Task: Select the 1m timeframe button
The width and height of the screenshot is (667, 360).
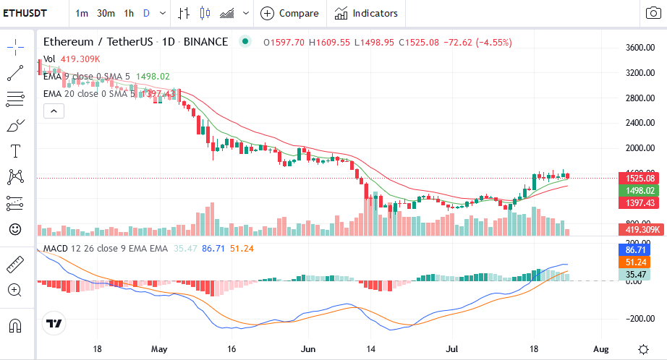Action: (x=82, y=13)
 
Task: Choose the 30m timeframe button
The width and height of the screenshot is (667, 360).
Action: (x=106, y=13)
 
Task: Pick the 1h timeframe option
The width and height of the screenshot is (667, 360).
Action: (x=129, y=13)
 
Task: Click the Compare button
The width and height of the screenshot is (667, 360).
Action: (x=289, y=13)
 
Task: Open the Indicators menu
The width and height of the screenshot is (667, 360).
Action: (x=367, y=13)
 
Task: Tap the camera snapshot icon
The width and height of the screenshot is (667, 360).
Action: (x=653, y=13)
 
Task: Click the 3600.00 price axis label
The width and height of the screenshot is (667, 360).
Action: (x=640, y=48)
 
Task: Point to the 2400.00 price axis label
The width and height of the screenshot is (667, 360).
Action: (x=640, y=123)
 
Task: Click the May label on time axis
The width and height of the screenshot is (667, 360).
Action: (x=160, y=348)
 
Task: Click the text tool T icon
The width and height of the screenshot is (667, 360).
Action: (x=15, y=151)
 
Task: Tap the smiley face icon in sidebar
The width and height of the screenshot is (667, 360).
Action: (x=15, y=229)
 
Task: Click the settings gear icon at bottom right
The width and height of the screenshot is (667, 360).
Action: (x=643, y=348)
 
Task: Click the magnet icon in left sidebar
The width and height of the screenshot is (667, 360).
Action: (x=15, y=325)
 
